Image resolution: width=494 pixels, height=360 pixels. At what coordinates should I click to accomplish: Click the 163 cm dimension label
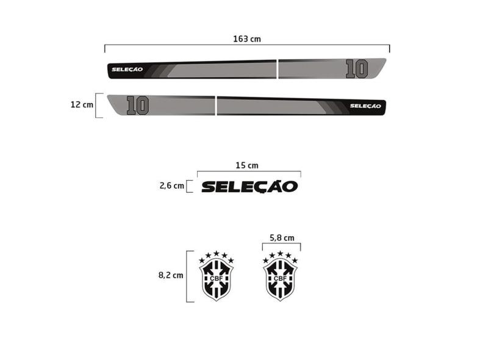(x=247, y=39)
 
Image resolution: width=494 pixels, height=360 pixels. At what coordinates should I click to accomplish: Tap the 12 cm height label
(x=82, y=104)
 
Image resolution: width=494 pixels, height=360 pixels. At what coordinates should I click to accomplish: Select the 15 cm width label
(x=247, y=165)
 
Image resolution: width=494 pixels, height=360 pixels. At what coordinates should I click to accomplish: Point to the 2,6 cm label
(x=172, y=185)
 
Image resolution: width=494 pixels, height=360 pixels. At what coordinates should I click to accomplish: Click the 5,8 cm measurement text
(x=282, y=238)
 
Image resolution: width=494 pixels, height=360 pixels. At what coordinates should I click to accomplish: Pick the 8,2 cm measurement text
(x=171, y=275)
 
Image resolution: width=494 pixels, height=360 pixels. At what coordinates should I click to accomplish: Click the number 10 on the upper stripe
(x=357, y=69)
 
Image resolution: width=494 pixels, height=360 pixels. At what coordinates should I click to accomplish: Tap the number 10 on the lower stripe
(x=138, y=106)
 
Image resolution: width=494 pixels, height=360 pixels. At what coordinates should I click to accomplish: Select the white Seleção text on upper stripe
(x=127, y=70)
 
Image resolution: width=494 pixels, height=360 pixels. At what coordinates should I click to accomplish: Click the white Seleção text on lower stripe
(x=365, y=106)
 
